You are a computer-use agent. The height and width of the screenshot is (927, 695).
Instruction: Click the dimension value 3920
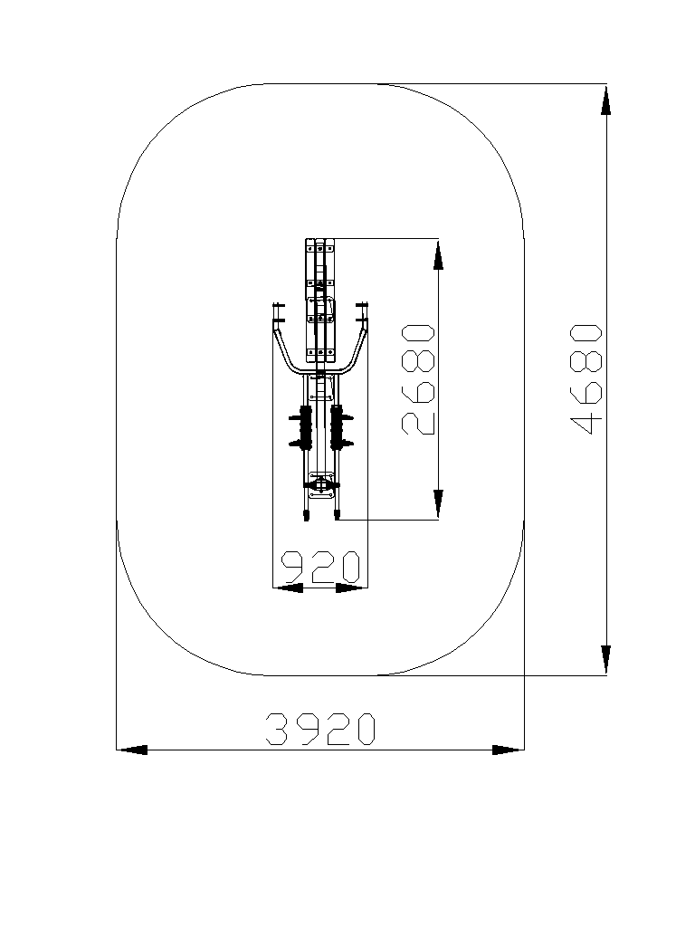[319, 729]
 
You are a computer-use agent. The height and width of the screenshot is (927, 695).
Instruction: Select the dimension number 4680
[586, 379]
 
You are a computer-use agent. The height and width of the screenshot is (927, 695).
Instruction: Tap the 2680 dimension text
[418, 379]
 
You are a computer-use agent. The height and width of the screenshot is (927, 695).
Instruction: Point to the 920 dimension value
[319, 567]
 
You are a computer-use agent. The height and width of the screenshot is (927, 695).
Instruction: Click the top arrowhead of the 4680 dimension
[605, 100]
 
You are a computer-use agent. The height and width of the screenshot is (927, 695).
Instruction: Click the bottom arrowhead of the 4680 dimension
[605, 659]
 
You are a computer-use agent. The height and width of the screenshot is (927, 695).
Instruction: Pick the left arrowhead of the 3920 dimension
[132, 750]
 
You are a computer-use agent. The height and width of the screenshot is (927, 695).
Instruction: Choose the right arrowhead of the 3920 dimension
[508, 750]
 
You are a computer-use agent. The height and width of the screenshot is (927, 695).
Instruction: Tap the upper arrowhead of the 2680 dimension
[438, 254]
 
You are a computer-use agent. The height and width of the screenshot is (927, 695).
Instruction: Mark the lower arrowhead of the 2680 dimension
[438, 504]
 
